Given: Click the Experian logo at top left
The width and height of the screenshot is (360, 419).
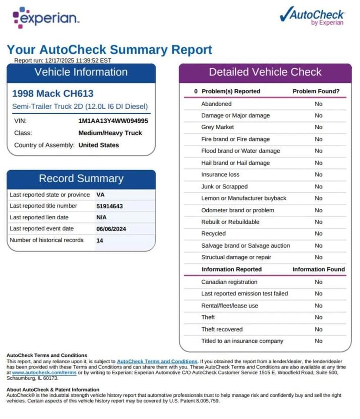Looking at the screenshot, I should pos(46,17).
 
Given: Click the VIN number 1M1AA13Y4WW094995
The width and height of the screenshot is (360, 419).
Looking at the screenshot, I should pos(113,121).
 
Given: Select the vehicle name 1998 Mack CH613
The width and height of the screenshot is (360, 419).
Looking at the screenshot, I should pos(53,93).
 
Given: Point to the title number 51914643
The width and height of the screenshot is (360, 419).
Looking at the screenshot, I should pos(110,206).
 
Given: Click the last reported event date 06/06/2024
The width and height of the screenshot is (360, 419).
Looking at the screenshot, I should pos(111,229).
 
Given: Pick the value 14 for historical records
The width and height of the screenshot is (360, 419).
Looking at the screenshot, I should pos(100,240).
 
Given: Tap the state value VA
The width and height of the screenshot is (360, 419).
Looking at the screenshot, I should pos(100,195).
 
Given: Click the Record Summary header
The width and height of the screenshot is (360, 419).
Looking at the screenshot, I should pos(81,178).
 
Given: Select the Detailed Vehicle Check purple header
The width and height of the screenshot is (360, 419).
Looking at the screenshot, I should pos(265,72).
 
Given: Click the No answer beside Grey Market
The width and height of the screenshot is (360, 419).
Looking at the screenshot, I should pos(319,127).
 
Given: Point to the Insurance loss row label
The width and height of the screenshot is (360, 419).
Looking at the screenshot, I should pos(220,174).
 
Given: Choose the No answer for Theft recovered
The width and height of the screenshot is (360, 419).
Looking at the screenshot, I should pos(319,329).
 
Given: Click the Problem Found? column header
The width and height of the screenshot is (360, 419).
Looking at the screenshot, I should pos(316,91).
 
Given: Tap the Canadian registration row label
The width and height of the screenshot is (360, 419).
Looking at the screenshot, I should pos(229,282).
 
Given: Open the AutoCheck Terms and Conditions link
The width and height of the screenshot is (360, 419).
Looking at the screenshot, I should pos(157,362).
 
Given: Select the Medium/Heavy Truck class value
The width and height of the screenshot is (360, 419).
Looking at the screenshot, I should pos(110,133).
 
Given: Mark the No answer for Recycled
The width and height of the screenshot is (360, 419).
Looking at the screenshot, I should pos(319,234).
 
